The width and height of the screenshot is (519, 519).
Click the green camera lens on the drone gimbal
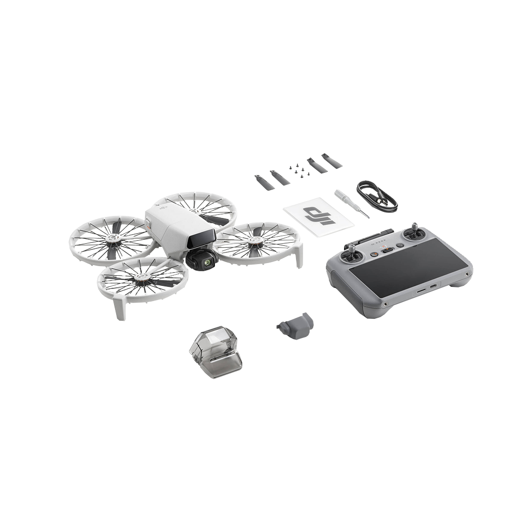coord(208,253)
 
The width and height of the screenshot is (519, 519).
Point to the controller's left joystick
coord(352,255)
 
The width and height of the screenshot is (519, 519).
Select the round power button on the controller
coord(400,246)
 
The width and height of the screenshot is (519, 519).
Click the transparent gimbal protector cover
coord(215,352)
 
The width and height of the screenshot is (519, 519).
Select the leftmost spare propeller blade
coord(264,182)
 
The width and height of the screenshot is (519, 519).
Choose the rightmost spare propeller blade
coord(332,161)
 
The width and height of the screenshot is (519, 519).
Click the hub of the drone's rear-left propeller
coord(114,238)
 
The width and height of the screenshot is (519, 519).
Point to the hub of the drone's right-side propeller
coord(255,240)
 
